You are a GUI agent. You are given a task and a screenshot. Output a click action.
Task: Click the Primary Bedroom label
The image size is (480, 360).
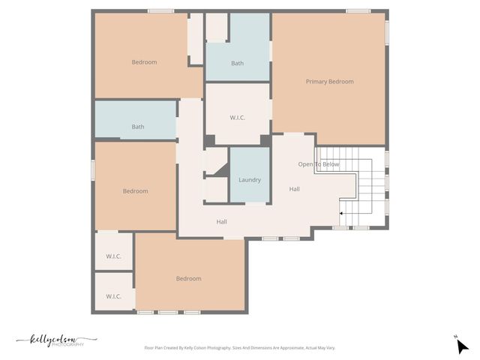click(329, 81)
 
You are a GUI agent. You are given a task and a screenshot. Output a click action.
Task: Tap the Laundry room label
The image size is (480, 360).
click(250, 180)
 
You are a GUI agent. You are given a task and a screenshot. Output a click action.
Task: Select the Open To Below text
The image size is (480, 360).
click(319, 164)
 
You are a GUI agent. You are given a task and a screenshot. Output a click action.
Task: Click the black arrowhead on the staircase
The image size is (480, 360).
click(342, 214)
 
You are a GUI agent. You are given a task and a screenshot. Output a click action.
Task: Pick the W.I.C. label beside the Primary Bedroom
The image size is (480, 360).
click(237, 118)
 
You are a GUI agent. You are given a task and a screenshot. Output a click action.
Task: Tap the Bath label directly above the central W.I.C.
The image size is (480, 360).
click(237, 63)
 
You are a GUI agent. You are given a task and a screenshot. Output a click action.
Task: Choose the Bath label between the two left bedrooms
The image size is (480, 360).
click(138, 127)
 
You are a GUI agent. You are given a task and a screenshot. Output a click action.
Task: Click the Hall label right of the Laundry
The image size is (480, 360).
click(295, 189)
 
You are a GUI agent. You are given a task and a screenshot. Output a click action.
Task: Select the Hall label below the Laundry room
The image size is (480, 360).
click(222, 222)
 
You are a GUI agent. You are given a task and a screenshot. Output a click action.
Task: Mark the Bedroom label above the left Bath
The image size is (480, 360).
click(144, 62)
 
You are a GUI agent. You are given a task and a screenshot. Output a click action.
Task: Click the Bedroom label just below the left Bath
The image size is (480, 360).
click(136, 191)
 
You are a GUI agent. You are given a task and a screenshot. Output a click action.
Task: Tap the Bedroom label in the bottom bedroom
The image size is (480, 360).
click(188, 279)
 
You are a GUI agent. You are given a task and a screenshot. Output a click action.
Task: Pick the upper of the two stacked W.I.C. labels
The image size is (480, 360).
click(113, 256)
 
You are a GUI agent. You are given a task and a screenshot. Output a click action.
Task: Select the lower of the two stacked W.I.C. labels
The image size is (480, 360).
click(113, 296)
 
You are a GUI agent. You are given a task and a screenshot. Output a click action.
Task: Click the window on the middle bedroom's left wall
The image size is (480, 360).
click(93, 169)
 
